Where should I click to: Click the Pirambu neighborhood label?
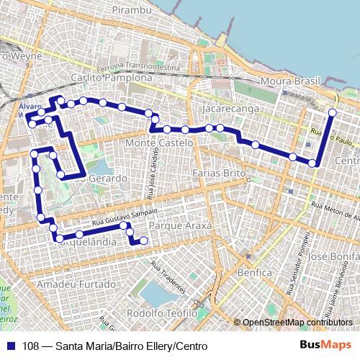pyautogui.click(x=130, y=11)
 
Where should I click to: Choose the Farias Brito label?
pyautogui.click(x=220, y=174)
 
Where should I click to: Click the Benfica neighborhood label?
pyautogui.click(x=256, y=273)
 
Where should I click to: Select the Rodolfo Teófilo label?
pyautogui.click(x=161, y=314)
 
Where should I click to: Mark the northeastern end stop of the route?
pyautogui.click(x=332, y=112)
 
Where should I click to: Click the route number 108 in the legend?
pyautogui.click(x=32, y=346)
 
